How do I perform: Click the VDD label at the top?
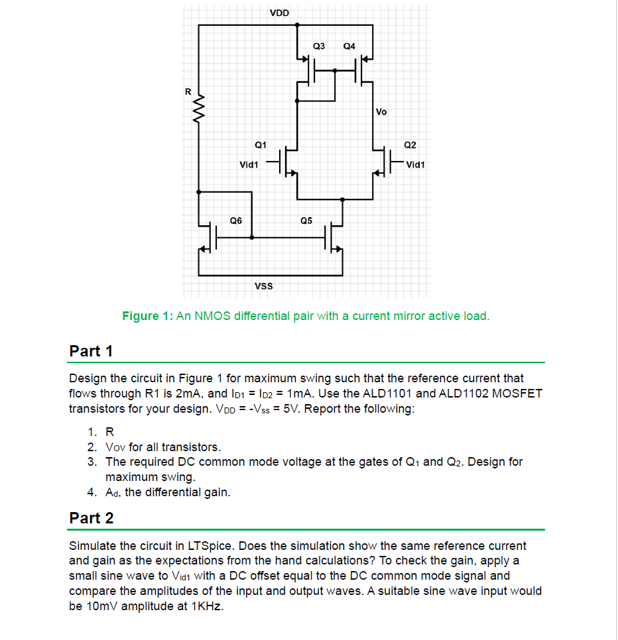coord(279,13)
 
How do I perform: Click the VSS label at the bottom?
coord(263,286)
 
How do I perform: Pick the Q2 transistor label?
coord(410,144)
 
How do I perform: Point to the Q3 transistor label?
coord(319,46)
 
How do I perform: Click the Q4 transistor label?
coord(349,46)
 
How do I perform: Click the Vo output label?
coord(381,111)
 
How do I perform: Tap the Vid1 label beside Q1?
coord(249,164)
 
